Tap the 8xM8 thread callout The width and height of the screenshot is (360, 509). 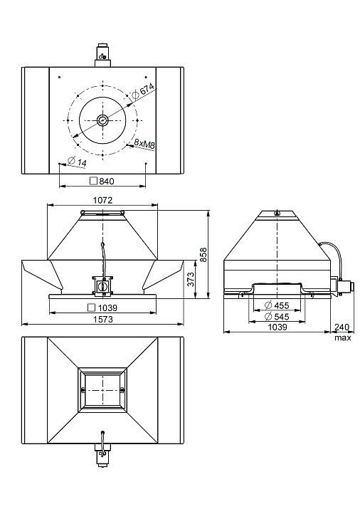tap(144, 144)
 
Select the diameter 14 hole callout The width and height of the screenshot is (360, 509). tap(77, 162)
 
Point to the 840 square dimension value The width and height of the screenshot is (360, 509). tap(107, 181)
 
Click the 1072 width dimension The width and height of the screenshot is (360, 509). tap(102, 200)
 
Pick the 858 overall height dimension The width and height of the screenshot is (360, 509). tap(203, 255)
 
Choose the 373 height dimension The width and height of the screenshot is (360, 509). tap(191, 279)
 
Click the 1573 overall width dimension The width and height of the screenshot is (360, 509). tap(103, 320)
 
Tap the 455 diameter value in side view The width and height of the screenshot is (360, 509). tap(281, 305)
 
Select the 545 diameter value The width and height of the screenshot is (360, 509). tap(281, 316)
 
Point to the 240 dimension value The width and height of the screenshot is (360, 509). tap(342, 327)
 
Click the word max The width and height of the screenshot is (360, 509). tap(343, 337)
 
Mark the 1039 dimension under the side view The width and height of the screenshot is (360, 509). tap(277, 327)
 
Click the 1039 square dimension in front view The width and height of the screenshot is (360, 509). tap(107, 308)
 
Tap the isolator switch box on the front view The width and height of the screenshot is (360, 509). tap(103, 285)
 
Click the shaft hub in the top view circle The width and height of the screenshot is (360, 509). tap(102, 120)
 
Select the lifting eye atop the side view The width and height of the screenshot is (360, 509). tap(277, 213)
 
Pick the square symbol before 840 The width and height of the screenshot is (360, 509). tap(93, 181)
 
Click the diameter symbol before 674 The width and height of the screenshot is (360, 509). tap(135, 95)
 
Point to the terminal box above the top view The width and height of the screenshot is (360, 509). tap(103, 56)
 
